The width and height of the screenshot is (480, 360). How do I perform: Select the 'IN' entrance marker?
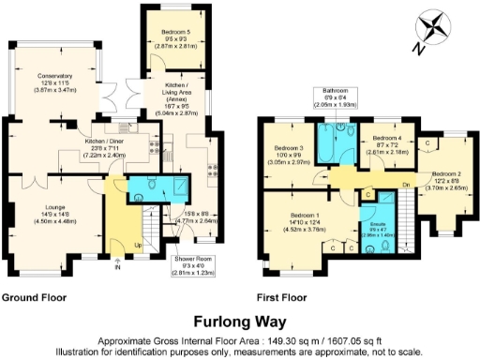click(117, 267)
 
